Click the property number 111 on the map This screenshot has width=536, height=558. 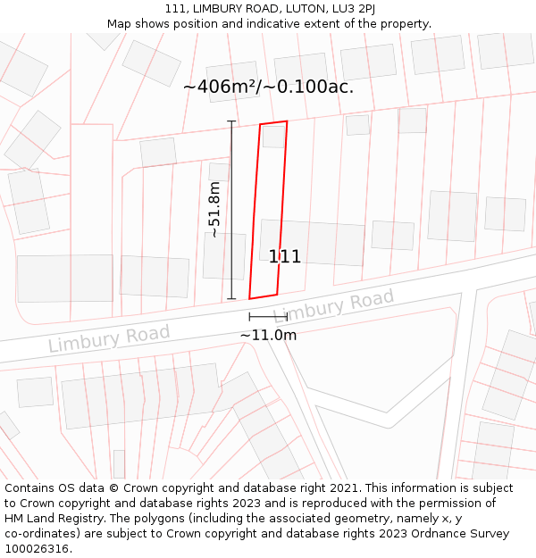285,257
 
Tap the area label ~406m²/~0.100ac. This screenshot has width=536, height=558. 268,87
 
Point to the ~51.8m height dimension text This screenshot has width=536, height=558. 214,210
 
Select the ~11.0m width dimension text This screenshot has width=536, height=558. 268,335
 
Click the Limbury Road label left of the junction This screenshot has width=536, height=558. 108,338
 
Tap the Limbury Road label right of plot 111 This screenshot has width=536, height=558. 334,306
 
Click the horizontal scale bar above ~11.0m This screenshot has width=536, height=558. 268,317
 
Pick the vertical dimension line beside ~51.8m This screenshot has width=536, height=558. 231,210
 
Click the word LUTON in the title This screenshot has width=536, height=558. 273,9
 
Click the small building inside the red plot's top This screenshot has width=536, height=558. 273,137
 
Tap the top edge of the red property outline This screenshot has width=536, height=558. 273,123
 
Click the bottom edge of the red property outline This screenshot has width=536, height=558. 264,296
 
